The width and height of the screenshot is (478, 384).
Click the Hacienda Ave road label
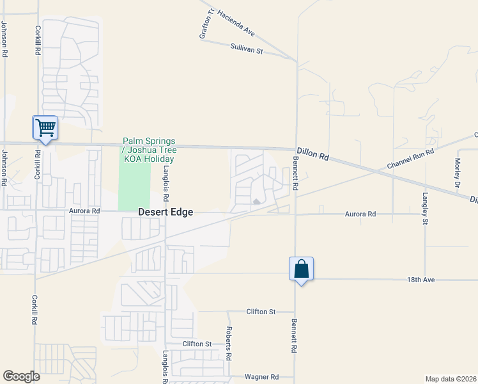point(236,22)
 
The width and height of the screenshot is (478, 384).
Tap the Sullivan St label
point(247,49)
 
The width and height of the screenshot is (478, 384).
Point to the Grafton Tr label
point(204,24)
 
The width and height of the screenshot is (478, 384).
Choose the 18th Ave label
point(420,280)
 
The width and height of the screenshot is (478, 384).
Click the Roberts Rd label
point(228,342)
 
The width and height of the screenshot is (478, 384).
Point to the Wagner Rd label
point(262,377)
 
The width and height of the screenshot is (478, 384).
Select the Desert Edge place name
point(166,212)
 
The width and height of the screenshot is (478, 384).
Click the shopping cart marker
point(45,127)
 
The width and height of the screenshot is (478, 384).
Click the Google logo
point(21,376)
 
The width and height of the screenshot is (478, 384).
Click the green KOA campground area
point(134,186)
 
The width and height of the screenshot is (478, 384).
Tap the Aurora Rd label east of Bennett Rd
point(361,214)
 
